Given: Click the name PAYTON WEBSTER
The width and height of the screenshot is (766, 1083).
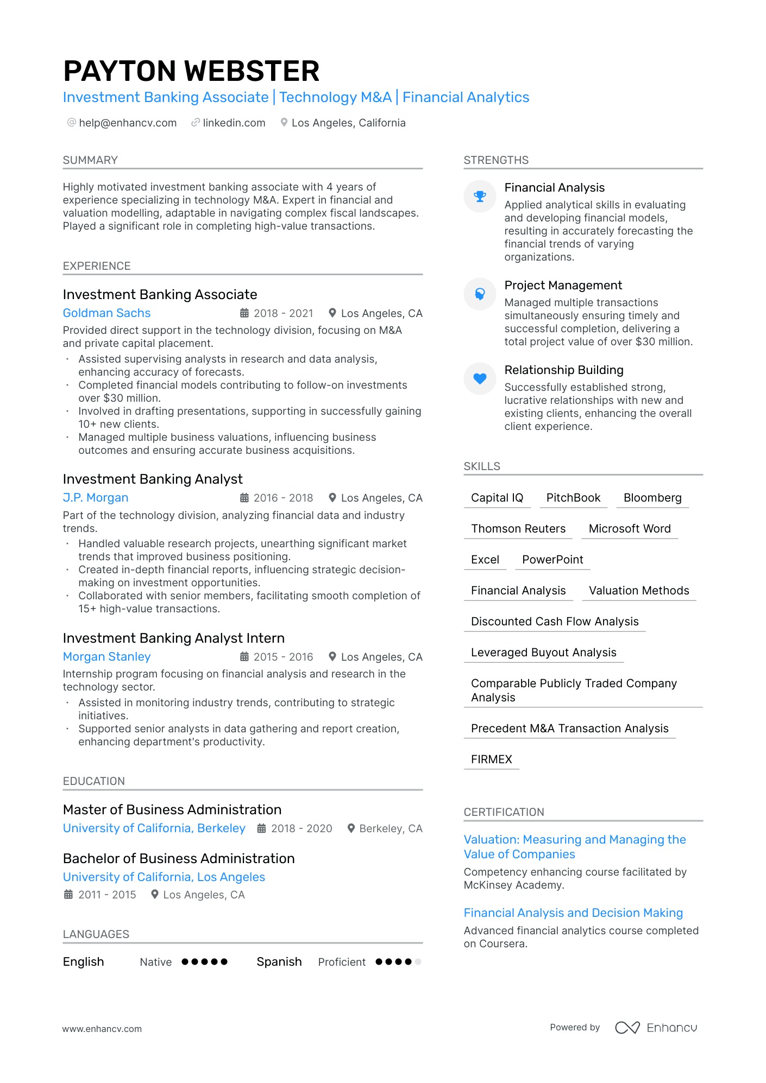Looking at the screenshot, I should click(191, 71).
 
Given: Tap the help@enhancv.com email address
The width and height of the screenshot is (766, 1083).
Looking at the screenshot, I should click(128, 123).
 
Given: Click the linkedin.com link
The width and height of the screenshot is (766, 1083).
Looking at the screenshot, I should click(234, 123).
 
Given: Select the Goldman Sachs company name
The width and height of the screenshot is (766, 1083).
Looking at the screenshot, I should click(106, 313).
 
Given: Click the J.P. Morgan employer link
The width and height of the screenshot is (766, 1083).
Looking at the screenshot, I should click(96, 497).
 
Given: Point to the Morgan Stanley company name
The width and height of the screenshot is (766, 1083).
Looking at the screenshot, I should click(106, 656).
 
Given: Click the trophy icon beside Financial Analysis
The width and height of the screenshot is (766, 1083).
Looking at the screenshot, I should click(480, 196).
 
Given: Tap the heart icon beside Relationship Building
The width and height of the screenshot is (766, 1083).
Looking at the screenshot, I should click(480, 378).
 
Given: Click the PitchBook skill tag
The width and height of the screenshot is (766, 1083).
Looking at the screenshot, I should click(573, 498).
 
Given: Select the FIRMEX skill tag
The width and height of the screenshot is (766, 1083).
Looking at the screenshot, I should click(491, 759).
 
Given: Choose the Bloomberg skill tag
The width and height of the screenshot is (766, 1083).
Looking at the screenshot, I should click(652, 498).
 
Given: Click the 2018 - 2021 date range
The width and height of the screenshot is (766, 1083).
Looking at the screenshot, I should click(283, 313).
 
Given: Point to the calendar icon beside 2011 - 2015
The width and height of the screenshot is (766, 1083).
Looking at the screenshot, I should click(68, 894).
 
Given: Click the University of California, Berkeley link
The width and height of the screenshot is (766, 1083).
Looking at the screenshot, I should click(154, 828).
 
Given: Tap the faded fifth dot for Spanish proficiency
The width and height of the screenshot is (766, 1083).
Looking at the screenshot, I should click(418, 961).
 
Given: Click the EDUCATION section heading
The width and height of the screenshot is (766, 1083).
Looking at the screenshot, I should click(94, 781).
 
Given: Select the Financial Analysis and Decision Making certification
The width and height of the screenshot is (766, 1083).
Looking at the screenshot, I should click(573, 913).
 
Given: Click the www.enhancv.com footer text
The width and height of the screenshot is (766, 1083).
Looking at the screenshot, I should click(102, 1029).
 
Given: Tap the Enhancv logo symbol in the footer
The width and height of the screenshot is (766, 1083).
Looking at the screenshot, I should click(627, 1028).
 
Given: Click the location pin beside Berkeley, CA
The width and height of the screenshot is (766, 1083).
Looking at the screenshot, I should click(351, 828).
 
